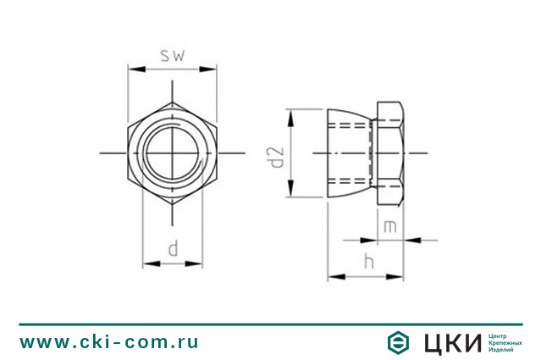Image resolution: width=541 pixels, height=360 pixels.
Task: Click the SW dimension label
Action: pos(173,56)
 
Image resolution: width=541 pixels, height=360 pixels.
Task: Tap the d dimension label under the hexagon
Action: pos(174,249)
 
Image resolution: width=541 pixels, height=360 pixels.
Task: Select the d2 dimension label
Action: pos(277,158)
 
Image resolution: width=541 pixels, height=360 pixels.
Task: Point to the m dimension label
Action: pos(390,227)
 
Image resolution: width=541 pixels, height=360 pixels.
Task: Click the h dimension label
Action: pos(369,261)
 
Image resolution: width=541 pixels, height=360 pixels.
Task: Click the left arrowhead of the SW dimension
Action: pos(136,69)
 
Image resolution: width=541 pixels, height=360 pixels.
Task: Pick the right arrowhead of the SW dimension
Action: pos(207,69)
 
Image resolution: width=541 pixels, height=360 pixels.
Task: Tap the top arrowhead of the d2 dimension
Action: pos(291,118)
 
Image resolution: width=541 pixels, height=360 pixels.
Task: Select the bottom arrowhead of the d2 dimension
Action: pos(291,188)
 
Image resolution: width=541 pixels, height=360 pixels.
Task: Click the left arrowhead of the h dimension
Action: pos(336,276)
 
